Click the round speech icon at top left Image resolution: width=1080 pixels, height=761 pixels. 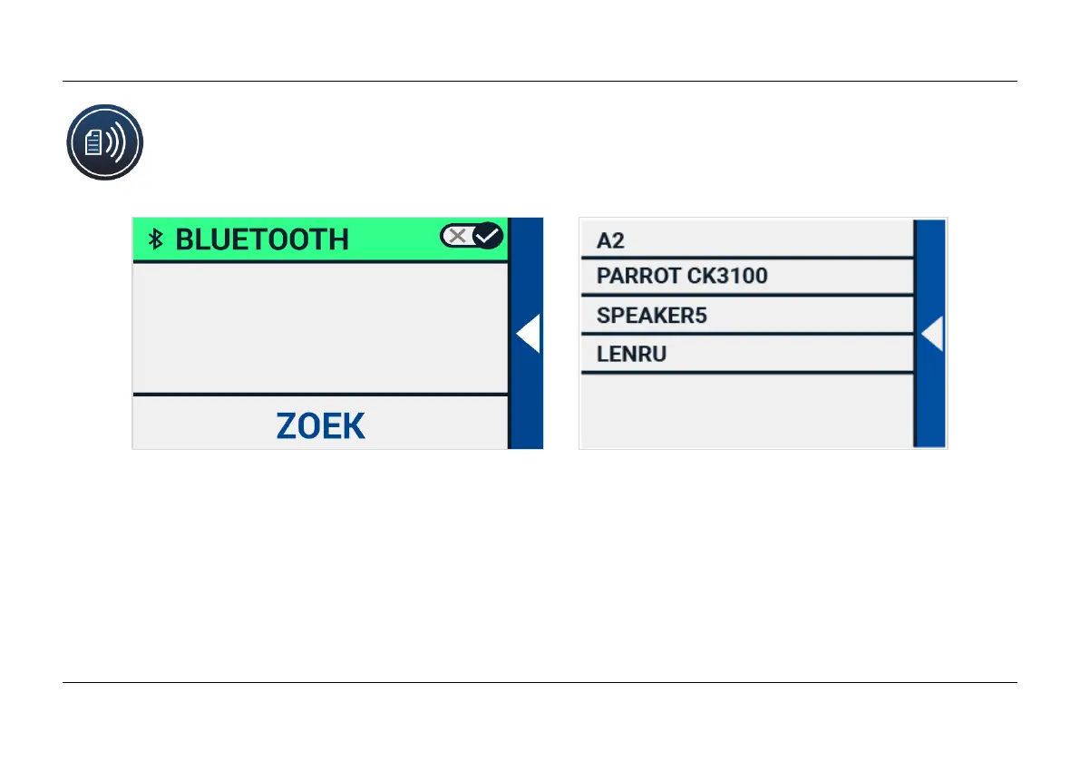click(105, 142)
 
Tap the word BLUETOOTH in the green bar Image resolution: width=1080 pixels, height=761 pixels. click(261, 239)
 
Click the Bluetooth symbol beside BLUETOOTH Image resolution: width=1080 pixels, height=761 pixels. click(156, 239)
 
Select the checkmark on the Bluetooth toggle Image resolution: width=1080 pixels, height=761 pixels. click(488, 237)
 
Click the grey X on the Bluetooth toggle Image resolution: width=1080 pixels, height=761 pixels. click(458, 237)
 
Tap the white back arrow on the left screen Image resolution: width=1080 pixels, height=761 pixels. click(528, 334)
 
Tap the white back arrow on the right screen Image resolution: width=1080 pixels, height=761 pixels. click(932, 335)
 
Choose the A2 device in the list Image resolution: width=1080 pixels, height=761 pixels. click(611, 240)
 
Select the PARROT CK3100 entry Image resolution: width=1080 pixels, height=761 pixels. click(682, 277)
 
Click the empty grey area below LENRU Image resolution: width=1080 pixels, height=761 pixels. click(745, 410)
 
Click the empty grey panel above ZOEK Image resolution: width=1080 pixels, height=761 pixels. click(319, 328)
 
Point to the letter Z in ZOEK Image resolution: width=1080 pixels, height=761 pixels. click(288, 426)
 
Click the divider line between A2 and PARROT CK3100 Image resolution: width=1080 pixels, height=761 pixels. click(745, 258)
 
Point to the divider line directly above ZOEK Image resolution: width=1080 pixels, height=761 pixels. click(319, 395)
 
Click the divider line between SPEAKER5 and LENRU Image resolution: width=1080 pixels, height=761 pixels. click(745, 334)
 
